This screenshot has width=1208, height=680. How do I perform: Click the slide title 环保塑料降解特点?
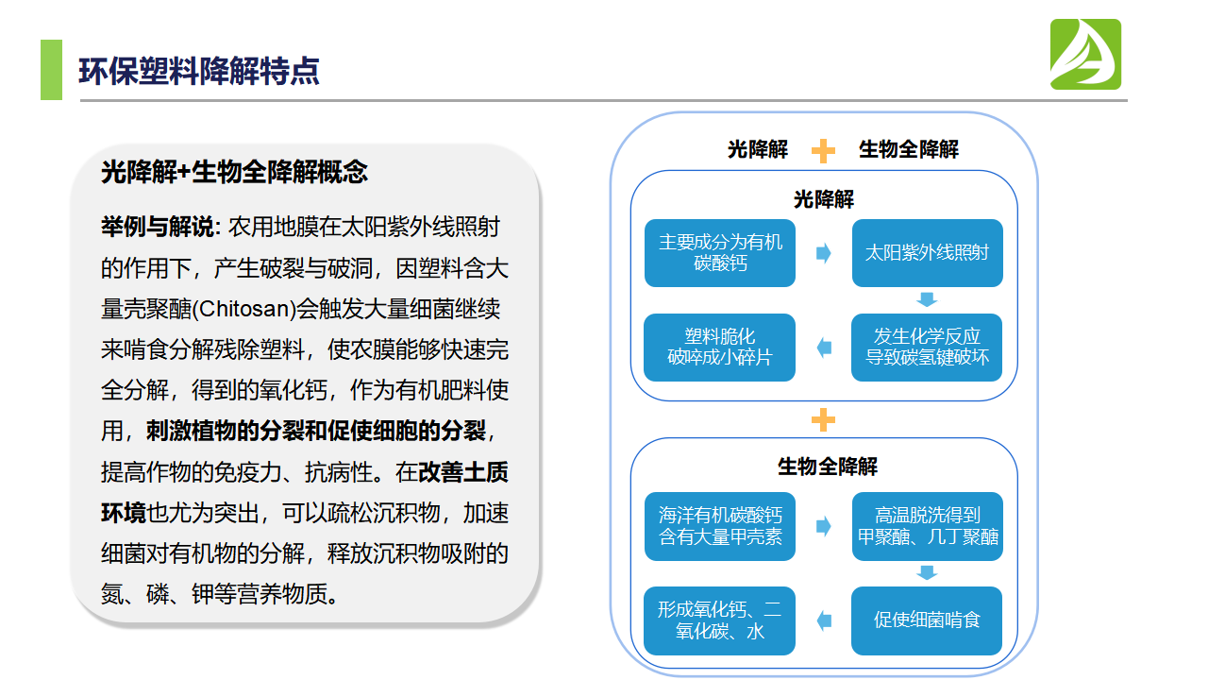pos(198,71)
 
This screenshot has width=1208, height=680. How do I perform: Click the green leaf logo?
pos(1085,55)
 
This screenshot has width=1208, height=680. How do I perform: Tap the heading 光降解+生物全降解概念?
pos(234,172)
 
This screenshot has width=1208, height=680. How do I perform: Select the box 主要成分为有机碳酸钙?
pos(720,253)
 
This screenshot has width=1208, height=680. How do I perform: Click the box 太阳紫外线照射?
pos(927,253)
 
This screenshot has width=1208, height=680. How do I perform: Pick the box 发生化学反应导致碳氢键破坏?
pos(927,348)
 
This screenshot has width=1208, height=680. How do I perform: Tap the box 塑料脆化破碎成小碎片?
pos(720,348)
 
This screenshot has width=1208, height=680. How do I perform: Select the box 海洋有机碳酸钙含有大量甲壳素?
pos(720,527)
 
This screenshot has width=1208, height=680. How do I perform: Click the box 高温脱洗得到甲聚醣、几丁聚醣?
pos(927,527)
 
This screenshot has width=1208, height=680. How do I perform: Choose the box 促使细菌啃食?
pos(927,620)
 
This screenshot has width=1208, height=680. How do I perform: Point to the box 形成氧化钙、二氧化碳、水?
pos(720,620)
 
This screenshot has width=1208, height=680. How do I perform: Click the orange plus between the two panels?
pos(824,419)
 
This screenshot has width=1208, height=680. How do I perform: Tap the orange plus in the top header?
pos(824,150)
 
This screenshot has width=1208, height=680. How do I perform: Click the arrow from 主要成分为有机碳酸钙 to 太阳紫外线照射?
pos(824,253)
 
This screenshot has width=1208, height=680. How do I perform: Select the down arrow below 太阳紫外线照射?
pos(927,300)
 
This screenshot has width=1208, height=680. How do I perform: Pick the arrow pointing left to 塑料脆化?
pos(824,348)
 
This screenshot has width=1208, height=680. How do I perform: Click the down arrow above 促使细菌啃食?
pos(927,573)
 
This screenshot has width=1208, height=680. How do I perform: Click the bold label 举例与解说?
pos(159,227)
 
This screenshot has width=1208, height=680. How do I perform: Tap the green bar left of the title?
pos(51,70)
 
